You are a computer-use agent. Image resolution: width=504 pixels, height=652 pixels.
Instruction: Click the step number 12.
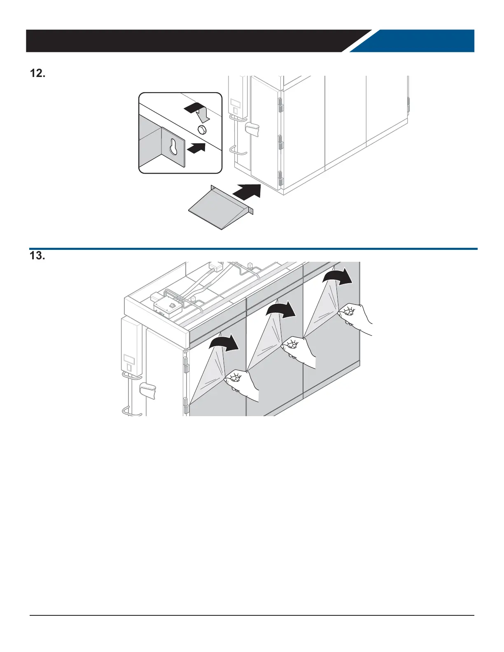(37, 74)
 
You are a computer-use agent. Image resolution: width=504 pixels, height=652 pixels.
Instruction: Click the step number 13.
(37, 256)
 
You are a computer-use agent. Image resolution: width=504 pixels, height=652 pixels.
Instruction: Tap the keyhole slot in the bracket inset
(173, 147)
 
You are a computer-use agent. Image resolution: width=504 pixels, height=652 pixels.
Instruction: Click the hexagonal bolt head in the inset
(202, 129)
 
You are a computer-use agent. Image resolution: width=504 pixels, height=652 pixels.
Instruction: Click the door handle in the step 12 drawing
(252, 129)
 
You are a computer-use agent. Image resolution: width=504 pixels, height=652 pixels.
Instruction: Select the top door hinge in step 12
(280, 105)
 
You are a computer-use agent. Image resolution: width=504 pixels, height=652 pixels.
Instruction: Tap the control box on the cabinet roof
(167, 306)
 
